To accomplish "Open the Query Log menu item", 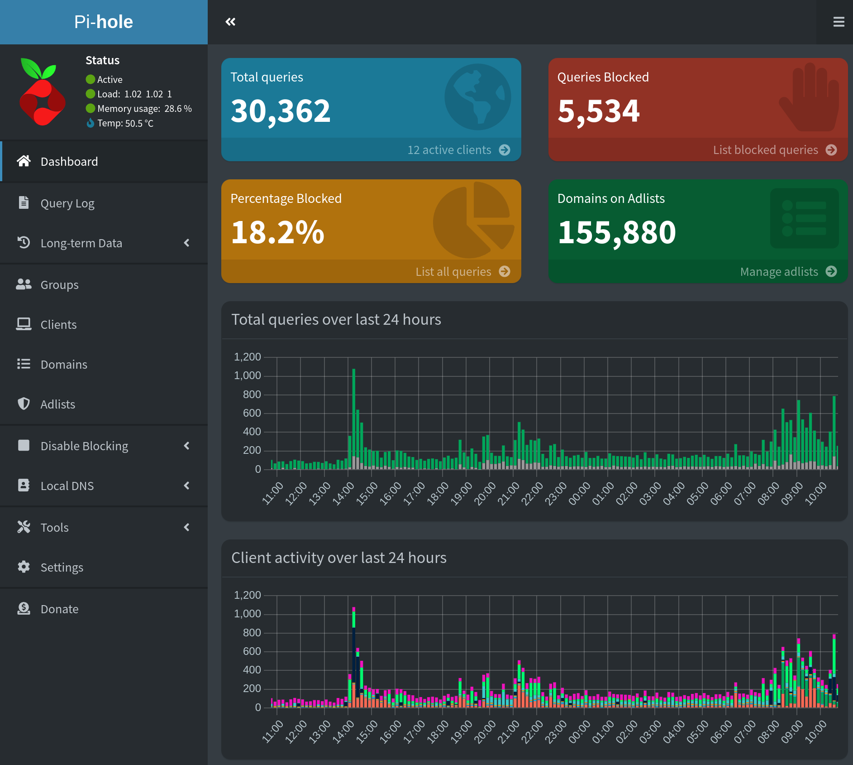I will pyautogui.click(x=67, y=203).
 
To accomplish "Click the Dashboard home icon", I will pyautogui.click(x=24, y=161).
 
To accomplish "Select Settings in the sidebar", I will pyautogui.click(x=62, y=568).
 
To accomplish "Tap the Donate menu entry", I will pyautogui.click(x=59, y=609).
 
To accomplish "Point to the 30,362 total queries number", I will pyautogui.click(x=281, y=111).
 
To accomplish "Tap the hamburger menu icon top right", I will pyautogui.click(x=839, y=22).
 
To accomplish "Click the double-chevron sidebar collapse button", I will pyautogui.click(x=230, y=22).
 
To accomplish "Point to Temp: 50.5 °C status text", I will pyautogui.click(x=125, y=123).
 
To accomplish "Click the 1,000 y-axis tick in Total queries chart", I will pyautogui.click(x=248, y=376).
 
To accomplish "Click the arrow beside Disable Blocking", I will pyautogui.click(x=186, y=446).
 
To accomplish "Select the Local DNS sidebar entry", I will pyautogui.click(x=67, y=486).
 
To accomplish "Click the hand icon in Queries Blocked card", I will pyautogui.click(x=809, y=97).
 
